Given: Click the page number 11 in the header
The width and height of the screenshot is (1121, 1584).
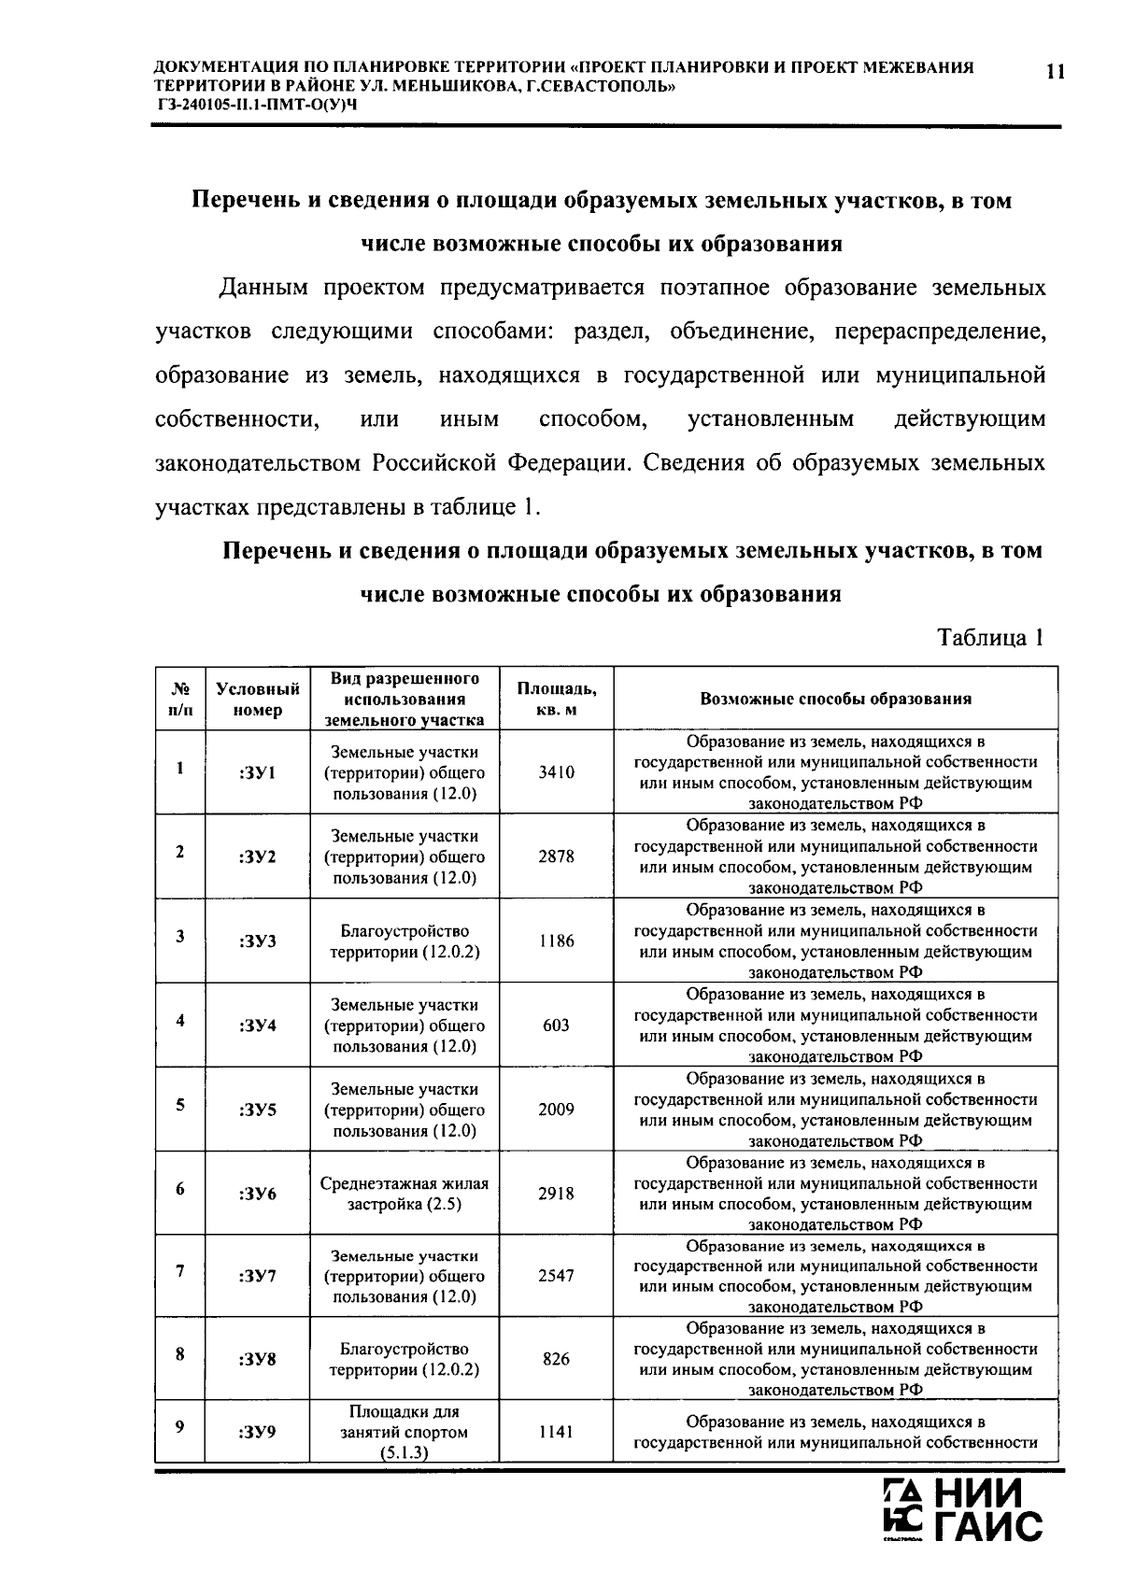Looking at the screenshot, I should [1055, 73].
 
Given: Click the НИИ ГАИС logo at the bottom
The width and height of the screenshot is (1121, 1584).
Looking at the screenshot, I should [962, 1510].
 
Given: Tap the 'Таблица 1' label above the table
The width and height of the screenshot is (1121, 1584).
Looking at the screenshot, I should [989, 638].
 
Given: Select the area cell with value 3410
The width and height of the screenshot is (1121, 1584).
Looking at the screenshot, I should [556, 772].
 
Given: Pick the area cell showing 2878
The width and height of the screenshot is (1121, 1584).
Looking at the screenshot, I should [556, 856].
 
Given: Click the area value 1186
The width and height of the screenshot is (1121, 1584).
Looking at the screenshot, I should [556, 940].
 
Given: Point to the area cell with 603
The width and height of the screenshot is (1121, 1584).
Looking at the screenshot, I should [556, 1025].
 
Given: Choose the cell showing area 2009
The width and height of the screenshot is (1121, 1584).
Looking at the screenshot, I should [556, 1109].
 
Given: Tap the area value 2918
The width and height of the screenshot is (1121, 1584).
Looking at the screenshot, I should [556, 1193].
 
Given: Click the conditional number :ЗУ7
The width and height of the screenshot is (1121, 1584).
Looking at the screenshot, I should [257, 1276].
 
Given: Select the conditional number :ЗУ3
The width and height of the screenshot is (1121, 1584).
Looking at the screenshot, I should [257, 941].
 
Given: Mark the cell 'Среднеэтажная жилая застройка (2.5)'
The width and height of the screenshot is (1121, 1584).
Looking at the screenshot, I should [404, 1194].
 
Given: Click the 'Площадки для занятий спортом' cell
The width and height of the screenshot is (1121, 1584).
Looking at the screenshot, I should [404, 1432].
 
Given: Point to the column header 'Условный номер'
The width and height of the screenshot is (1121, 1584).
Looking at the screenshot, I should [257, 699].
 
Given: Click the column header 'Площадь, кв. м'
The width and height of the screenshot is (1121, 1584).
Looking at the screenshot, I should [556, 699].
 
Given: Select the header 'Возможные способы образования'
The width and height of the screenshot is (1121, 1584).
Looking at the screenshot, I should [835, 699].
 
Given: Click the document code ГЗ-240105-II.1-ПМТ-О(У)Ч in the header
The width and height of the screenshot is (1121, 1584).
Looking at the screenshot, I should [257, 104].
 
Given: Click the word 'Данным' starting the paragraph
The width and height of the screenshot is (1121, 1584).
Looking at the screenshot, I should [263, 288].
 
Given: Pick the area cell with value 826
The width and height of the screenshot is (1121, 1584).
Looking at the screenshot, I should [556, 1359].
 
